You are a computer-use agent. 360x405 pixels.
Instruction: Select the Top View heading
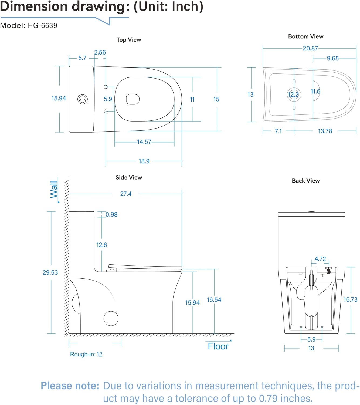tap(129, 40)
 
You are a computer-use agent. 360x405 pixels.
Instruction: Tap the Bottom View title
tap(305, 36)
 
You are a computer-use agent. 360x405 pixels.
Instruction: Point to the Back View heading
tap(305, 181)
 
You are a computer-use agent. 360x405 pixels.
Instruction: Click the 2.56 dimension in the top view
tap(100, 52)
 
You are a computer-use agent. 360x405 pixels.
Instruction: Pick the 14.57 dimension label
tap(144, 142)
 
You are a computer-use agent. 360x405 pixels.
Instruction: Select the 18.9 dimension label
tap(144, 161)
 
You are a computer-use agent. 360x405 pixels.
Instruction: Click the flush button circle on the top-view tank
tap(83, 99)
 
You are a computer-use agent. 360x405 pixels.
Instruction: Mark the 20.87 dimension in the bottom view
tap(310, 48)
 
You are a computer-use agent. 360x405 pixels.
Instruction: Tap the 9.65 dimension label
tap(332, 58)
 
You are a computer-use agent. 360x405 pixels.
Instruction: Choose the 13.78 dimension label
tap(325, 131)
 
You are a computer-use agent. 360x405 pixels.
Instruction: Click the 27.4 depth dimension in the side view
tap(126, 194)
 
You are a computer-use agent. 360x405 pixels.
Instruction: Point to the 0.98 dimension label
tap(111, 215)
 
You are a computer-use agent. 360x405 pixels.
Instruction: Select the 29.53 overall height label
tap(50, 272)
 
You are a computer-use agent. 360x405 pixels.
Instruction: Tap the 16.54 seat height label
tap(214, 300)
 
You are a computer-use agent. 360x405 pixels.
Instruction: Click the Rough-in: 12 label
tap(86, 354)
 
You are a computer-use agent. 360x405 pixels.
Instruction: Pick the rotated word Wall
tap(54, 190)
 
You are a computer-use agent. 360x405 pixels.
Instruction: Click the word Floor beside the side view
tap(218, 346)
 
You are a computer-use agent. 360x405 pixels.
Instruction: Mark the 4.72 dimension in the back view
tap(320, 259)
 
